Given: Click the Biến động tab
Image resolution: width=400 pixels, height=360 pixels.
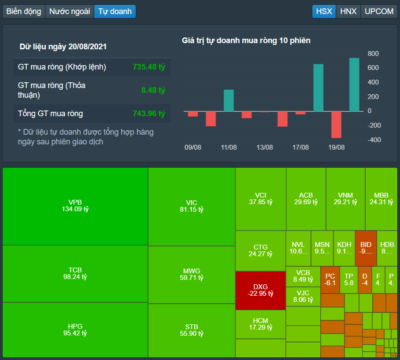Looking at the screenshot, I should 24,11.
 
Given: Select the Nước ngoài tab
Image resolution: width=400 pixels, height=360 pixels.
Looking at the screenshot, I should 70,11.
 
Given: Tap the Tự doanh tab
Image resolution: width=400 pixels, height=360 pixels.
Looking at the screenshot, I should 115,11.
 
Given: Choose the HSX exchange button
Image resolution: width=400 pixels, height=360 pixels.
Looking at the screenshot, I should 324,11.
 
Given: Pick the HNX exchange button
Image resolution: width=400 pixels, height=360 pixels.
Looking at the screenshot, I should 348,11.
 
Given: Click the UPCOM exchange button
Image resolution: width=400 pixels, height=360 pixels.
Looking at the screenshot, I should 379,11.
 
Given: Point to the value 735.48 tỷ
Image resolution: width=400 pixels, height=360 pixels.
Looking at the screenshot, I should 149,67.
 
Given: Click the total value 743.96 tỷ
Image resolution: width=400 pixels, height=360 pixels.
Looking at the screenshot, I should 149,114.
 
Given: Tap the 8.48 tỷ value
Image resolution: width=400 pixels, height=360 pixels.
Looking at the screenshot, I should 153,90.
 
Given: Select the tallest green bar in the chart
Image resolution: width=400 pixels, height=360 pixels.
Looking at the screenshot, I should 354,84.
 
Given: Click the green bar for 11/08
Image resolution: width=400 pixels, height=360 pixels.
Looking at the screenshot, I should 229,100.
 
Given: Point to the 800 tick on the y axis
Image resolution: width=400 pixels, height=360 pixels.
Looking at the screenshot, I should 373,54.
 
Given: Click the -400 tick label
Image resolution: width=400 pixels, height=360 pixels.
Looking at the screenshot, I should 373,140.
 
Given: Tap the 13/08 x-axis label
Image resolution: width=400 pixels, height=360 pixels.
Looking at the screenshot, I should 264,147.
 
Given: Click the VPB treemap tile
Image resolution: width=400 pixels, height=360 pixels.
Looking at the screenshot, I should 75,206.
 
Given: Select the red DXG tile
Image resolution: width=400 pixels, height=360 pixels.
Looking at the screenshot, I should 260,290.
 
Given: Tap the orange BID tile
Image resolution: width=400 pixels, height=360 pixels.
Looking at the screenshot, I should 366,248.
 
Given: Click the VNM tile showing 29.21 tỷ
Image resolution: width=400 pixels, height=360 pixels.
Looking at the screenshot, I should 345,198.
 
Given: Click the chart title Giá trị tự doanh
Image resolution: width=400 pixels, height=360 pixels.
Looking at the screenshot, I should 246,40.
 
